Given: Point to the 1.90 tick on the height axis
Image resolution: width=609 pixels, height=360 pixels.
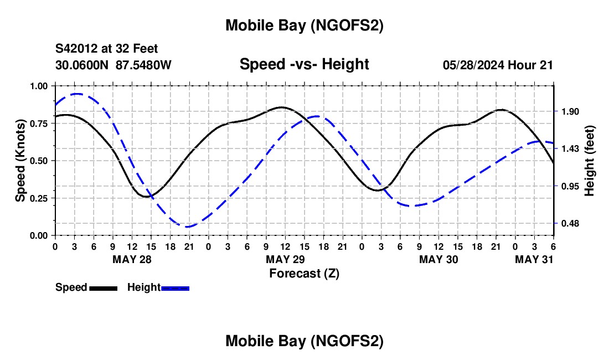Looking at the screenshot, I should tap(569, 111).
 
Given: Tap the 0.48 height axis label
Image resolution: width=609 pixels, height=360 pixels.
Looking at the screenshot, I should tap(569, 223).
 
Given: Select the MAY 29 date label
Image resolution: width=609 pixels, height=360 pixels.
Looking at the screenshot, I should tap(286, 259).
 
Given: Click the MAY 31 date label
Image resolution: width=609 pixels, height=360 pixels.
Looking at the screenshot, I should tap(534, 259).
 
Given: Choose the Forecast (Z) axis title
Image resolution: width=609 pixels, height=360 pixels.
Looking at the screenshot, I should tap(304, 273).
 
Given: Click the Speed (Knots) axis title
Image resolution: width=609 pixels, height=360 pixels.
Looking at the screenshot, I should tap(20, 161).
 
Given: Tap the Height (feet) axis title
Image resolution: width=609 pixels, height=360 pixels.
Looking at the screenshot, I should tap(589, 161).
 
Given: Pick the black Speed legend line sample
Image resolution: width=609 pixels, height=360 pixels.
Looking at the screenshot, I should tap(103, 288).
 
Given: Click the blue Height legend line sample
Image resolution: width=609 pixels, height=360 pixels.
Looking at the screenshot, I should tap(175, 288).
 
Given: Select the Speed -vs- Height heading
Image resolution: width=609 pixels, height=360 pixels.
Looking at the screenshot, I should tap(304, 64).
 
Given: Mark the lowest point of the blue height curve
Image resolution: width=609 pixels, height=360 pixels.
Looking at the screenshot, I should tap(189, 227).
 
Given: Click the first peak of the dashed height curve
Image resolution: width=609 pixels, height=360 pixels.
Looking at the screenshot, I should tap(76, 94).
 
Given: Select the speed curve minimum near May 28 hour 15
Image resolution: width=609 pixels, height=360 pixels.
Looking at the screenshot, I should tap(147, 197).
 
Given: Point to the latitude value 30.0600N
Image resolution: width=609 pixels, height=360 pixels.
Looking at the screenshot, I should tap(82, 65).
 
